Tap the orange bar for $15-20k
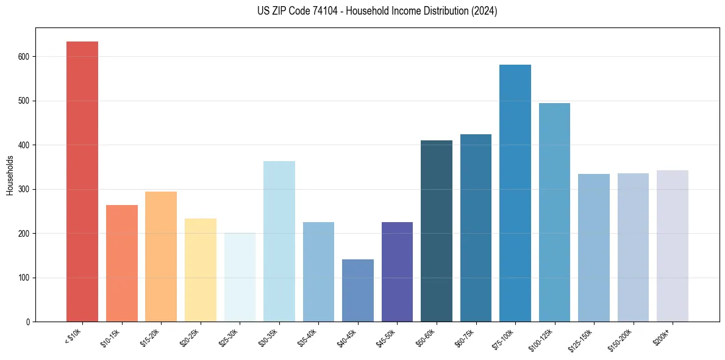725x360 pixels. [161, 257]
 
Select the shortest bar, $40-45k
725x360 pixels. [358, 290]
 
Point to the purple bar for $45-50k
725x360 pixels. [397, 272]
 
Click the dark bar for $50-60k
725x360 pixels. [437, 231]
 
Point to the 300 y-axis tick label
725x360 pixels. [24, 189]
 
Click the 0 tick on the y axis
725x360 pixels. [29, 322]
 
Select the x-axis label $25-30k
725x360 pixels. [228, 337]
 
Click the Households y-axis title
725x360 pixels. [10, 175]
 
